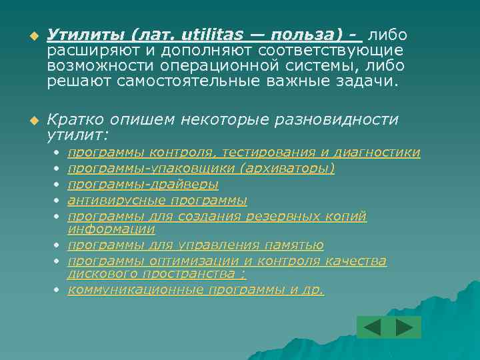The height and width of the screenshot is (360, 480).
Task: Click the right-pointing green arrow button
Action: point(405,327)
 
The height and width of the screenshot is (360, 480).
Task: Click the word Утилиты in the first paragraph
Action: point(85,35)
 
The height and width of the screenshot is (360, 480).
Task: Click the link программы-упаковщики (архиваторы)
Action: point(201,169)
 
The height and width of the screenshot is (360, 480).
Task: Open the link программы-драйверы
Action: point(143,185)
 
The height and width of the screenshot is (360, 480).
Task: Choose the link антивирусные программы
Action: point(158,201)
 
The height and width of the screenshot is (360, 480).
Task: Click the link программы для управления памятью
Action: point(196,245)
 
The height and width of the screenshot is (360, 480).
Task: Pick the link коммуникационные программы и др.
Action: point(196,290)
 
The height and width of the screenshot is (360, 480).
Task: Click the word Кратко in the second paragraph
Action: point(71,119)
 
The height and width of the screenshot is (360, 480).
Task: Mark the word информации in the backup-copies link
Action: point(111,229)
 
